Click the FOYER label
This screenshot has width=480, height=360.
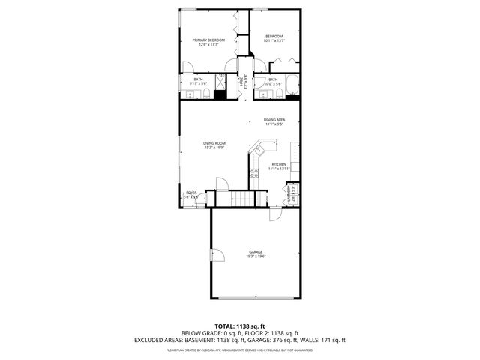[x=192, y=194]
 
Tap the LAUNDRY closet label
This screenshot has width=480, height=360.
[x=293, y=197]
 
